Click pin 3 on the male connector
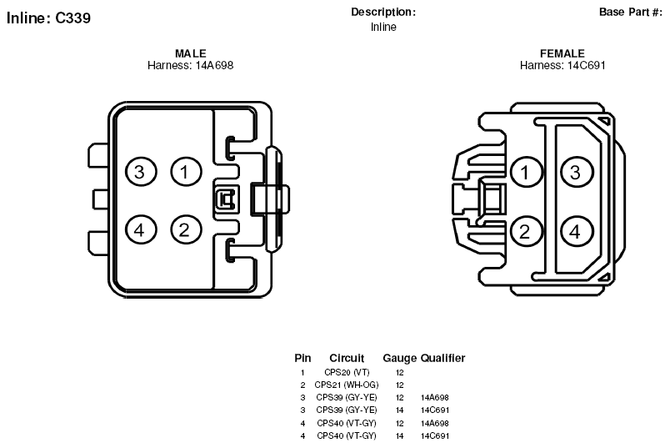[141, 172]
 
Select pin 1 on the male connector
[186, 172]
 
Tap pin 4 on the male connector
[141, 230]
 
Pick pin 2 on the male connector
[186, 230]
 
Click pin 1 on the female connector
[527, 172]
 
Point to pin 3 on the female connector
[576, 172]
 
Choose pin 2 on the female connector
[527, 231]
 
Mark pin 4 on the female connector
[576, 231]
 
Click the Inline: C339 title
[48, 18]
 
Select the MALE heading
[191, 53]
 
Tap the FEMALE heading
[562, 53]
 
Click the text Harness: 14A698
[191, 65]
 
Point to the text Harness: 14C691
[562, 65]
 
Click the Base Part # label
[631, 12]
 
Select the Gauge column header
[399, 358]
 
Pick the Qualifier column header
[443, 358]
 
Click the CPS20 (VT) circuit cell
[347, 372]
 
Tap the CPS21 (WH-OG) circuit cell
[347, 385]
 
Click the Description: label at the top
[383, 12]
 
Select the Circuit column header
[347, 358]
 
